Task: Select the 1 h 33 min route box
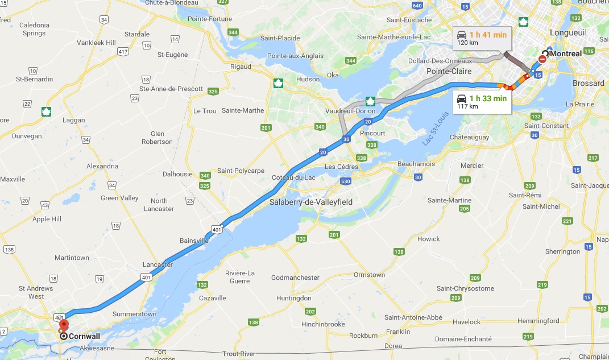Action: (482, 101)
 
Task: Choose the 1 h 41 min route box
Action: (482, 38)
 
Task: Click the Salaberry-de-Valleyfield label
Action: (311, 202)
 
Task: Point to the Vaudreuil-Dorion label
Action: (350, 111)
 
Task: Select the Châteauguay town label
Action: (470, 137)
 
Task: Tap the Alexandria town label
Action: (102, 166)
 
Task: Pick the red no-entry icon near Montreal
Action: (544, 57)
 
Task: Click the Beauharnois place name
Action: (416, 164)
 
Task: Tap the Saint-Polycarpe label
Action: (241, 171)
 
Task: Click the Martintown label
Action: (72, 258)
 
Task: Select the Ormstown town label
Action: (369, 275)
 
